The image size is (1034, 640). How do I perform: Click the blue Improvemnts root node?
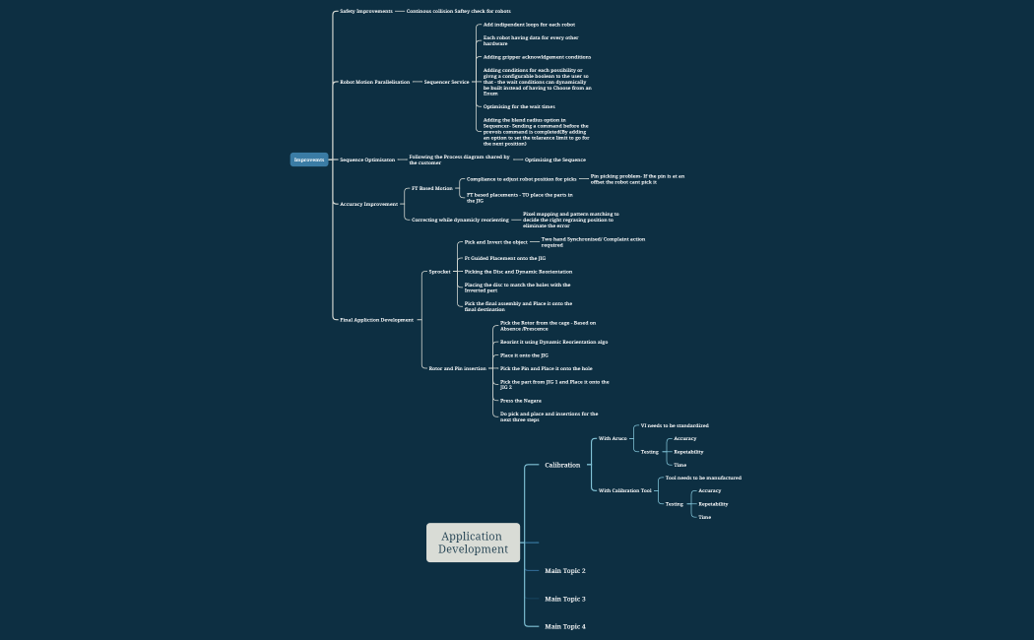tap(309, 160)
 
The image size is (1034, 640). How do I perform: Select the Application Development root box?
tap(473, 543)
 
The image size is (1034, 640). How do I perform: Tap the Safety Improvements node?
tap(366, 11)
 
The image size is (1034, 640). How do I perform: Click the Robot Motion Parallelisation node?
tap(375, 82)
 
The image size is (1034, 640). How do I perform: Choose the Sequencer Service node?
tap(446, 82)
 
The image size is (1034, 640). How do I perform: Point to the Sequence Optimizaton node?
tap(367, 160)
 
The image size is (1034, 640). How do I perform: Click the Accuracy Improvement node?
tap(369, 204)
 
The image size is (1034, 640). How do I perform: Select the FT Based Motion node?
tap(432, 188)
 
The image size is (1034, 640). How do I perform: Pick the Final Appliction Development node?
tap(377, 320)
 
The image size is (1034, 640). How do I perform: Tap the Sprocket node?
tap(439, 272)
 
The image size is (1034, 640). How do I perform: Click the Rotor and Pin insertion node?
tap(457, 368)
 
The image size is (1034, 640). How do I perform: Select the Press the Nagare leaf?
tap(521, 401)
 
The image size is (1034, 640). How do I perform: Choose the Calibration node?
tap(562, 465)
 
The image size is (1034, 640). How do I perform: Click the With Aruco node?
tap(613, 438)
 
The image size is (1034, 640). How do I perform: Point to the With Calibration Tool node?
tap(625, 490)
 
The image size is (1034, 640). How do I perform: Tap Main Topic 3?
tap(565, 599)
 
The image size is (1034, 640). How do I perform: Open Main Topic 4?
tap(565, 626)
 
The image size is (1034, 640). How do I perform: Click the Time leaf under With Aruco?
tap(680, 465)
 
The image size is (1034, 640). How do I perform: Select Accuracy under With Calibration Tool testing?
tap(709, 490)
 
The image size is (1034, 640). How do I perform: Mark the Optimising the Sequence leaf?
tap(555, 160)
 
